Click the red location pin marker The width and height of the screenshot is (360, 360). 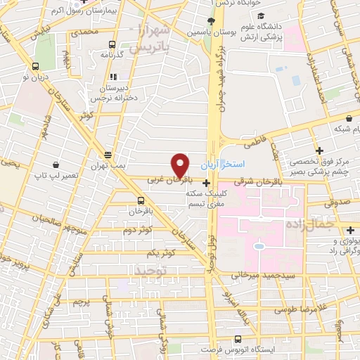point(181,165)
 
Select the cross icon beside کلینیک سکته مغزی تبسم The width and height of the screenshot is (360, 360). point(205,184)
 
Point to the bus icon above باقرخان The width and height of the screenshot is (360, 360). point(141,200)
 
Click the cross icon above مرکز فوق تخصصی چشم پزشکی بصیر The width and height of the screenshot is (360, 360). point(319,150)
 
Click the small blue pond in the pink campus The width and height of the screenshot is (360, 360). point(259,247)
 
